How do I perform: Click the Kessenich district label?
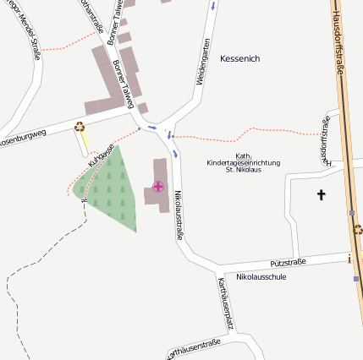[x=239, y=58]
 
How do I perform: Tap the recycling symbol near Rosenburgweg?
[x=80, y=127]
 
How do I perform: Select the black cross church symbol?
[x=321, y=195]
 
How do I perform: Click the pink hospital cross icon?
[x=158, y=186]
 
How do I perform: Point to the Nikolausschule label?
[x=261, y=277]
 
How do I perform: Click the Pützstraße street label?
[x=288, y=264]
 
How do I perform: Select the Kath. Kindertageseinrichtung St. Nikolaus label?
[x=243, y=162]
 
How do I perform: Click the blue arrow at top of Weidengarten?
[x=213, y=6]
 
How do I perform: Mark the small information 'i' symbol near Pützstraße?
[x=349, y=258]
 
